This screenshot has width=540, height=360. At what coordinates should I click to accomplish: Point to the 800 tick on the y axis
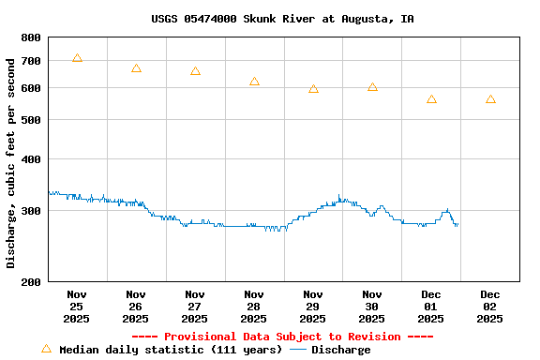(31, 37)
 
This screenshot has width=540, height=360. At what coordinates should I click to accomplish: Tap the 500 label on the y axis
(31, 120)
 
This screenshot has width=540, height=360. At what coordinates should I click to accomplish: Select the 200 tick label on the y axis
(31, 281)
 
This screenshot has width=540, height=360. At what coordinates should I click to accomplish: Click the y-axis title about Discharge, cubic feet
(11, 163)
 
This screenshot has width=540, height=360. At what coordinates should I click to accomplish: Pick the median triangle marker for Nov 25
(77, 58)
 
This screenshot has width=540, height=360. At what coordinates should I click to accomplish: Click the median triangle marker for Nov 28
(254, 82)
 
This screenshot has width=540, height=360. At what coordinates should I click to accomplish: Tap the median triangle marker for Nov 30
(372, 87)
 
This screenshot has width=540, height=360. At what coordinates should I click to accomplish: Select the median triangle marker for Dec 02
(490, 99)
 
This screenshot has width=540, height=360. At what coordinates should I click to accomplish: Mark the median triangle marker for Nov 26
(136, 68)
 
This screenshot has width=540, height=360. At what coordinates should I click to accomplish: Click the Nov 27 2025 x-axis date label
(195, 306)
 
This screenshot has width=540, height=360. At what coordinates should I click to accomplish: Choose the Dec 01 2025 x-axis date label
(431, 306)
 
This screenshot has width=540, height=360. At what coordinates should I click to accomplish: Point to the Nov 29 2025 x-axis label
(313, 306)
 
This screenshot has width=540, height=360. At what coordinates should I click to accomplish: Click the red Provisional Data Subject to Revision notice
(282, 337)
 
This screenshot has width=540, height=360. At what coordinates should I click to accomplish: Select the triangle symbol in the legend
(46, 349)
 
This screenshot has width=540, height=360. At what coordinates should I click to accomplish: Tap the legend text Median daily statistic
(171, 350)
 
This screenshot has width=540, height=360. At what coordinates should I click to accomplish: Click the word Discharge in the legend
(340, 350)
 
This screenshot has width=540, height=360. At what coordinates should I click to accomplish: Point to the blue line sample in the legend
(298, 350)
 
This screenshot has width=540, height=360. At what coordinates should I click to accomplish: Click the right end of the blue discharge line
(457, 224)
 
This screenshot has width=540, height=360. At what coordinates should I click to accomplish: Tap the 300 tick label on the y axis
(31, 211)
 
